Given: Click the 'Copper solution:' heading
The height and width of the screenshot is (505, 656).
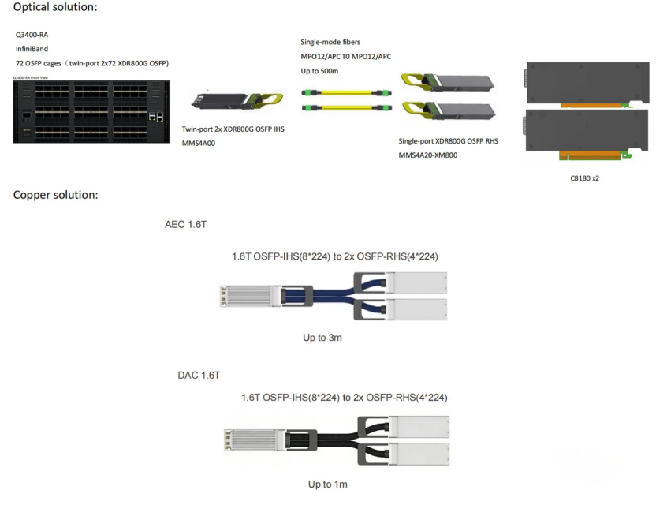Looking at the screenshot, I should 55,195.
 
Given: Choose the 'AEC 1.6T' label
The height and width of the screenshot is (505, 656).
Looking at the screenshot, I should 185,225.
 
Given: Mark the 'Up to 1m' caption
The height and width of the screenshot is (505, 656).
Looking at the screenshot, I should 327,484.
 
